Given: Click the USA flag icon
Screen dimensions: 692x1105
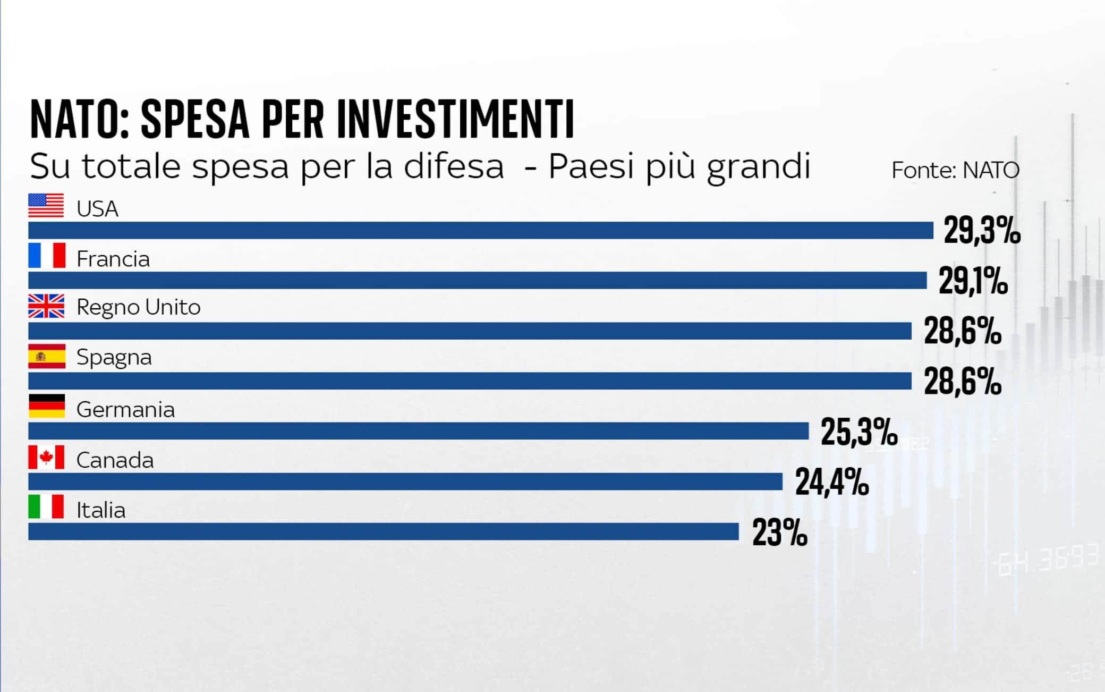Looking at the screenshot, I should coord(46,206).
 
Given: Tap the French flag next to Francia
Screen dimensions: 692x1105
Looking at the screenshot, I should coord(47,256).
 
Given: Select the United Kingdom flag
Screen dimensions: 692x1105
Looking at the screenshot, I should coord(46,306).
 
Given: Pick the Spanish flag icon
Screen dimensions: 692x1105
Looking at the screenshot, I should coord(47,356).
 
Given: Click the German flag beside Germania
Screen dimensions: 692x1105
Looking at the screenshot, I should coord(47,406).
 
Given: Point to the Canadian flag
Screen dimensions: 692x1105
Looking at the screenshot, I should coord(46,457).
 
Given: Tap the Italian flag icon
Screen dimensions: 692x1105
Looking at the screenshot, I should coord(46,507).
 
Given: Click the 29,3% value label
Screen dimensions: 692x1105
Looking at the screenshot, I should coord(982,231).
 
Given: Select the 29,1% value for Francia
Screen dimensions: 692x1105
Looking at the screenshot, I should coord(973,281).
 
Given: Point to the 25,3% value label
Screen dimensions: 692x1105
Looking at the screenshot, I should coord(859,432).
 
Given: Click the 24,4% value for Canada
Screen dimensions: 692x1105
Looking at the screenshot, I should coord(832,482).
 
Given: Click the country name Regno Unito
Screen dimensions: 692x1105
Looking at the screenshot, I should coord(138,307).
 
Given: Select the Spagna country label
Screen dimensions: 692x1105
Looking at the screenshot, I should coord(114,358).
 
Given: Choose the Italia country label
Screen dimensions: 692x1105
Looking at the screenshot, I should coord(101,510).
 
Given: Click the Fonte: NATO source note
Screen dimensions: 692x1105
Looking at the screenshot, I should coord(955,171).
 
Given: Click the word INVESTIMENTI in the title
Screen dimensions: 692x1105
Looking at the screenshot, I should coord(456,119).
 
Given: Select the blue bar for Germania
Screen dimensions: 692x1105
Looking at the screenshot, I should coord(418,431).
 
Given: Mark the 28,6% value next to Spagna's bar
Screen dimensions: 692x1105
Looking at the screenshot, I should coord(963,382).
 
